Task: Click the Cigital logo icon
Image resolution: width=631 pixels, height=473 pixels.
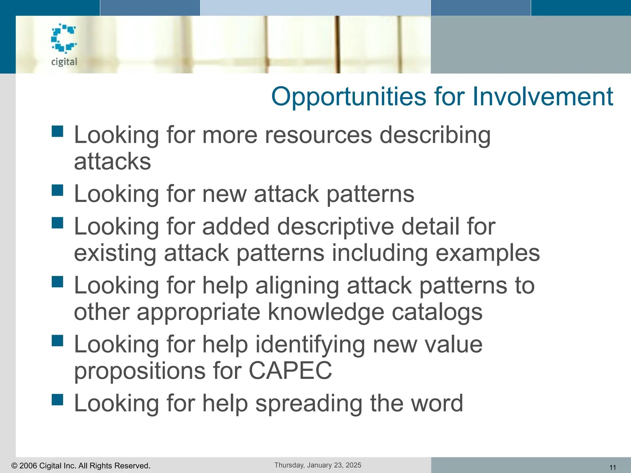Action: tap(64, 38)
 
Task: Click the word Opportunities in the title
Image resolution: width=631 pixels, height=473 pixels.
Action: tap(348, 96)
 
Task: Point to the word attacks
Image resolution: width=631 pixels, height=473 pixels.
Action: tap(112, 161)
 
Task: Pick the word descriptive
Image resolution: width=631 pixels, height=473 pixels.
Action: tap(336, 227)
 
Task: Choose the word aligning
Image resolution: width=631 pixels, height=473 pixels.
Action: tap(297, 285)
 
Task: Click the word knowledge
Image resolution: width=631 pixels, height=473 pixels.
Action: tap(326, 312)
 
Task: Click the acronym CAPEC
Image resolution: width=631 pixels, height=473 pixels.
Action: tap(290, 370)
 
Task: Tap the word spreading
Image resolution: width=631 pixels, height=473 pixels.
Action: tap(309, 403)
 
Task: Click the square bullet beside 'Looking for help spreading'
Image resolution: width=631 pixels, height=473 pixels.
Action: tap(58, 399)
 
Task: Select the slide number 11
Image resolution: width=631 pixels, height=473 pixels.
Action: tap(613, 467)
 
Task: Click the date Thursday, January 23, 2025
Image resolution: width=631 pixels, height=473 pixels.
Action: tap(318, 465)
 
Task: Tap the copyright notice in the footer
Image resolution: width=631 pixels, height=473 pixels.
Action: tap(81, 466)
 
